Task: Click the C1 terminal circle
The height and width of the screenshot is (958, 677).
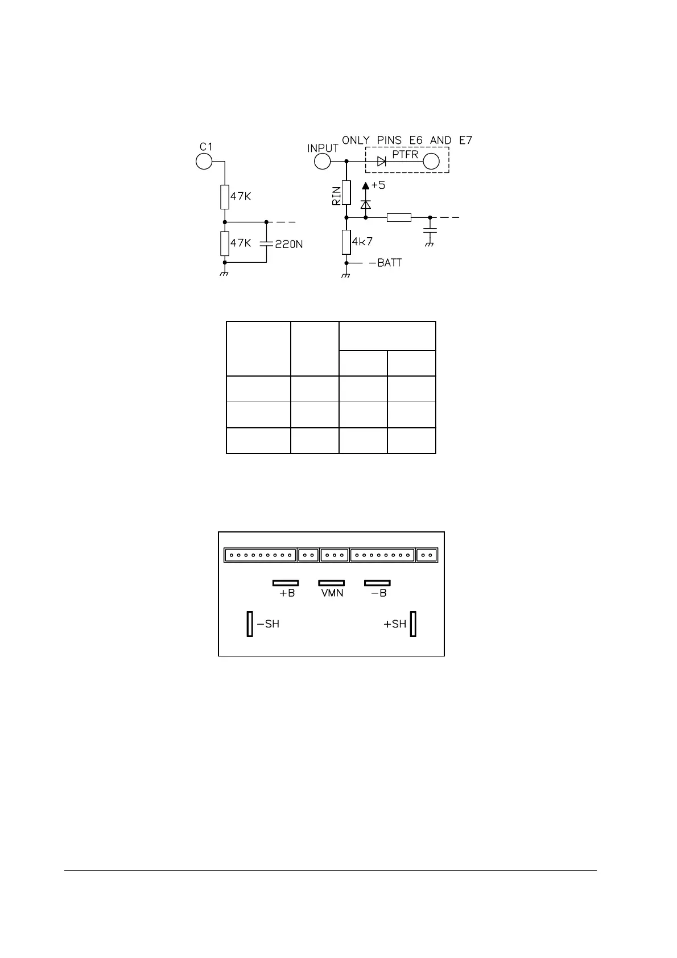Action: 204,162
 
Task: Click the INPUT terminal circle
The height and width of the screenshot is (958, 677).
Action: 323,162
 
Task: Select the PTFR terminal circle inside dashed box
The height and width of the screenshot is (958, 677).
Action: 431,162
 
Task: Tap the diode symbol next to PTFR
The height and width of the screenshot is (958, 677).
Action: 382,162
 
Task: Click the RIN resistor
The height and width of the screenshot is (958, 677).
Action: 346,192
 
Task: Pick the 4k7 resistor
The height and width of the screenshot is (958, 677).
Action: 346,242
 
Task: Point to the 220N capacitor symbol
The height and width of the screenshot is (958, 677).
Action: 266,243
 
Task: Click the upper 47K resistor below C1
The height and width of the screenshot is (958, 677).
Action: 225,196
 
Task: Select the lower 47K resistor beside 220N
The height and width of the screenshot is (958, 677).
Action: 225,243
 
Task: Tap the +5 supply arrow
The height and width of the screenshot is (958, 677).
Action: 366,185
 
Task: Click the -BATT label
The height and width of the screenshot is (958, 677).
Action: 385,263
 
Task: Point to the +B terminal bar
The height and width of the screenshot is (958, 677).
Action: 286,583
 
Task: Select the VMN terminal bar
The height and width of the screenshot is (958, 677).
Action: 331,583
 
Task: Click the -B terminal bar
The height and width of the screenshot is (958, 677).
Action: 377,583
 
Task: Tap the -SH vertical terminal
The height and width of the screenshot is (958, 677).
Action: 250,624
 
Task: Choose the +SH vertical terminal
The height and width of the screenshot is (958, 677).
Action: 413,624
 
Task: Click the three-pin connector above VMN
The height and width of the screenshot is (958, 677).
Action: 335,555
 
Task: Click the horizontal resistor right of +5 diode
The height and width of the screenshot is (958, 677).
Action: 399,217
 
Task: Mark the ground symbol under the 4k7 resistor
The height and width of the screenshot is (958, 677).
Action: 346,276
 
